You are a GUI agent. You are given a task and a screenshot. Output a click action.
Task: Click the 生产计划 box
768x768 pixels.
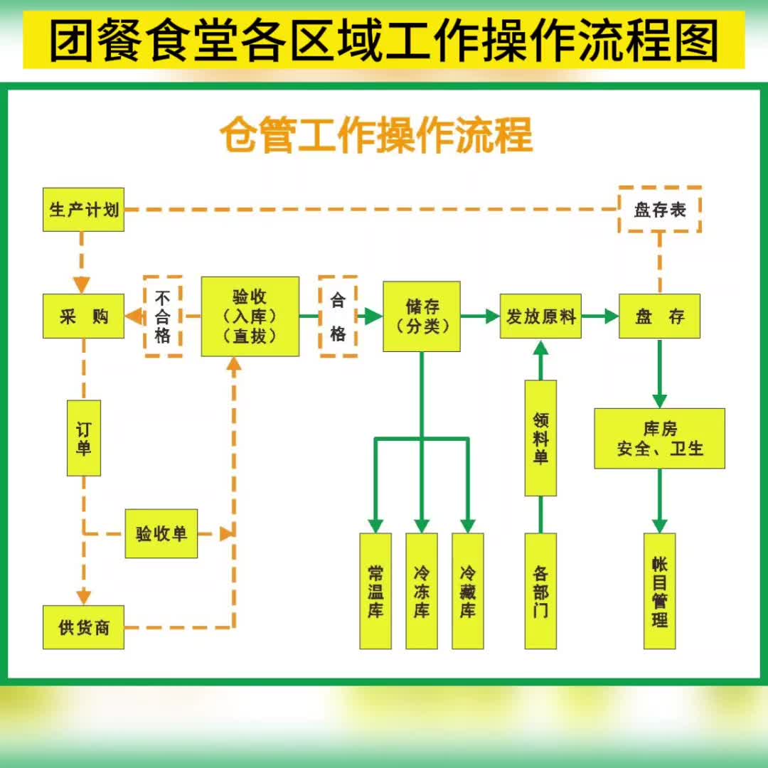tap(84, 210)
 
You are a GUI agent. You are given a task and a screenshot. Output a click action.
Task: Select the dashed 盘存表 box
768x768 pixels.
tap(660, 210)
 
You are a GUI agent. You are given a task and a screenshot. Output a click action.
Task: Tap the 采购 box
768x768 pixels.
tap(84, 316)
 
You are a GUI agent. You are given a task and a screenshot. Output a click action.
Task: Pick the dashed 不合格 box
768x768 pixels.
tap(163, 316)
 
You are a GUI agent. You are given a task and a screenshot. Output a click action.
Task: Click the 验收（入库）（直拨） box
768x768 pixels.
tap(250, 316)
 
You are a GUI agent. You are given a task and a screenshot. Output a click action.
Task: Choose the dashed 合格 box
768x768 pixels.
tap(337, 316)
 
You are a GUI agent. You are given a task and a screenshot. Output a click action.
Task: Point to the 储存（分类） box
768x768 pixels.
tap(422, 316)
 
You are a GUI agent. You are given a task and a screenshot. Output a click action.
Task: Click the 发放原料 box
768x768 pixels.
tap(540, 316)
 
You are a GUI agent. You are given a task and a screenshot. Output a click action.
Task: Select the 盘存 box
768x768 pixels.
tap(660, 316)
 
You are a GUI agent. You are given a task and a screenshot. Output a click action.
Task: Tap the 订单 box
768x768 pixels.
tap(84, 438)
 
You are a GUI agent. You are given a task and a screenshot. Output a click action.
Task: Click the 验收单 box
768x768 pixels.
tap(161, 533)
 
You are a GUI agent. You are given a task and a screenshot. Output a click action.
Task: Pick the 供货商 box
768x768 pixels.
tap(84, 627)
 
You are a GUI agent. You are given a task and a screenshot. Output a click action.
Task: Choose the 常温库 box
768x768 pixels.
tap(375, 591)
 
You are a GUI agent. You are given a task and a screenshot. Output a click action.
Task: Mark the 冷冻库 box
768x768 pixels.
tap(422, 591)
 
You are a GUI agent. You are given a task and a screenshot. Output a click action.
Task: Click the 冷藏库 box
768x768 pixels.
tap(468, 591)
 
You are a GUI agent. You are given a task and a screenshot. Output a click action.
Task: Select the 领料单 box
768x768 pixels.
tap(540, 438)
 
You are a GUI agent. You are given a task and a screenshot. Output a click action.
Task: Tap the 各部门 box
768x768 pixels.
tap(540, 591)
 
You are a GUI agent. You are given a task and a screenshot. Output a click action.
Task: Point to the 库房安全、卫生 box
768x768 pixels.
tap(660, 438)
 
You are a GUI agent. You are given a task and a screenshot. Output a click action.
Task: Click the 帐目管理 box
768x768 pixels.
tap(660, 591)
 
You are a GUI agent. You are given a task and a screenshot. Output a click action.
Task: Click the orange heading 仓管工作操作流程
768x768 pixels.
tap(376, 135)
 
